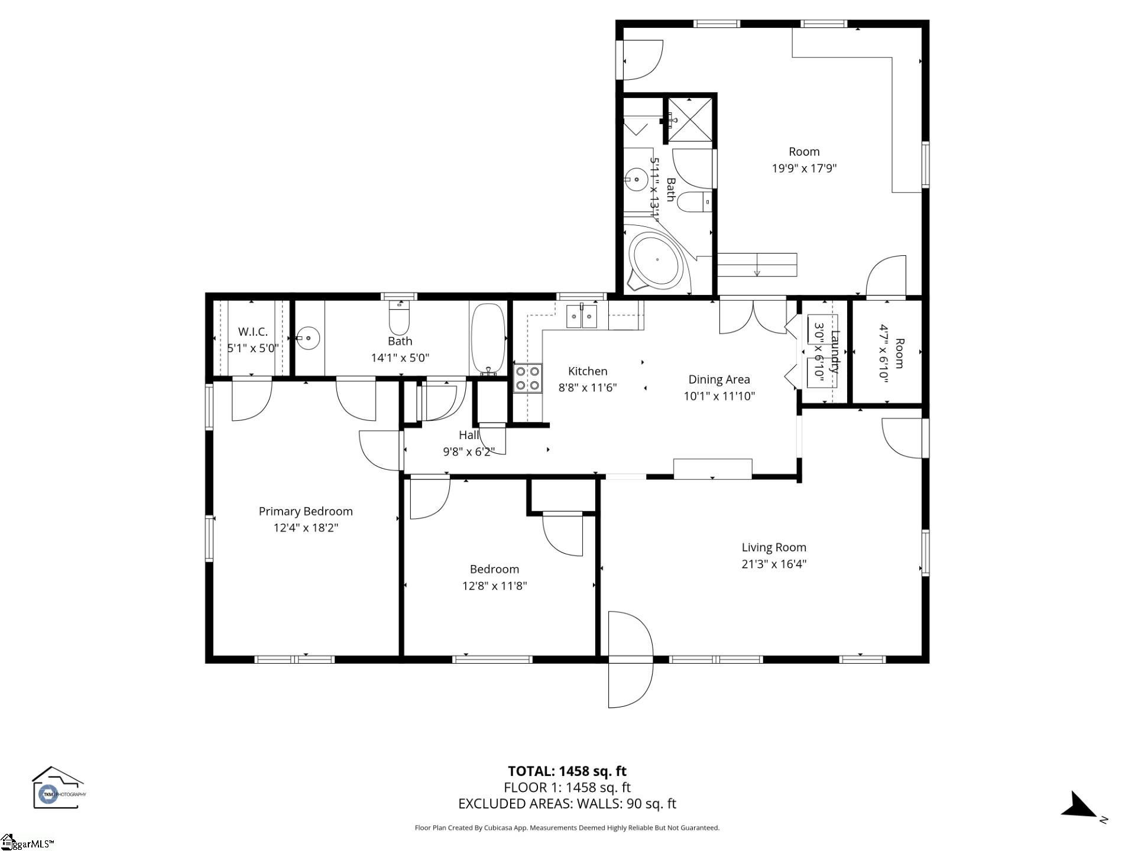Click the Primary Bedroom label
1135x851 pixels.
pos(306,511)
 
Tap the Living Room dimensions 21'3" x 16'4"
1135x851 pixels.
pos(774,564)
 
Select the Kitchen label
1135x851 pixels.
pos(588,371)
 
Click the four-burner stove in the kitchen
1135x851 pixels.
pos(527,378)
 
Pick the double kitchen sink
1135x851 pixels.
pos(582,316)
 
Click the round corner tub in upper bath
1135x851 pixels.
pos(656,260)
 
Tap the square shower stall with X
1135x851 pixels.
pos(690,121)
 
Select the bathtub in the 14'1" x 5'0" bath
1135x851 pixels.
pos(488,338)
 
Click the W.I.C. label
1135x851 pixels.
pos(253,332)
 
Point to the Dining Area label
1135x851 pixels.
pos(719,379)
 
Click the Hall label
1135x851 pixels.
pos(469,435)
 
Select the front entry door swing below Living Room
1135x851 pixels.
pos(630,659)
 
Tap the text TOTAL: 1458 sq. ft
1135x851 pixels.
pos(567,771)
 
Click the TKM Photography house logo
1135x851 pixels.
pos(57,787)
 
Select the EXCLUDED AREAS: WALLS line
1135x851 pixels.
pos(567,804)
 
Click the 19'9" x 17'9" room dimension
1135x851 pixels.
pos(804,168)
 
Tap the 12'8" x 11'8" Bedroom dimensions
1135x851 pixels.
pos(494,586)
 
